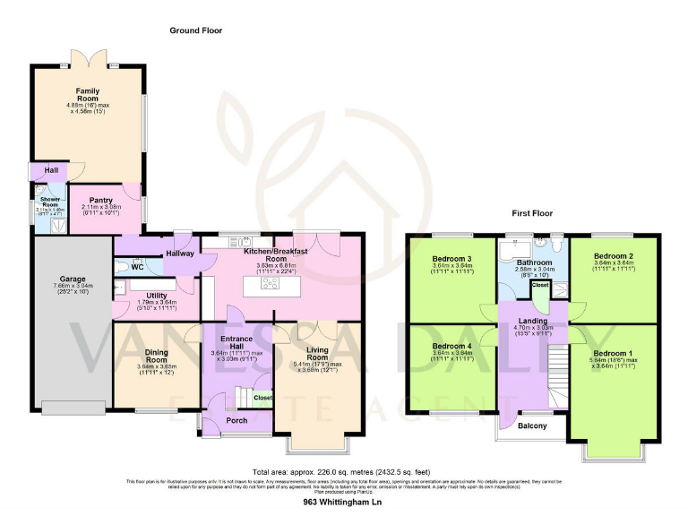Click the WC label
click(137, 267)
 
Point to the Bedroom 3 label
click(451, 259)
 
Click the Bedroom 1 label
click(613, 354)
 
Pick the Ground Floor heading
click(195, 30)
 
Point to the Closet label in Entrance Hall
click(262, 397)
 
